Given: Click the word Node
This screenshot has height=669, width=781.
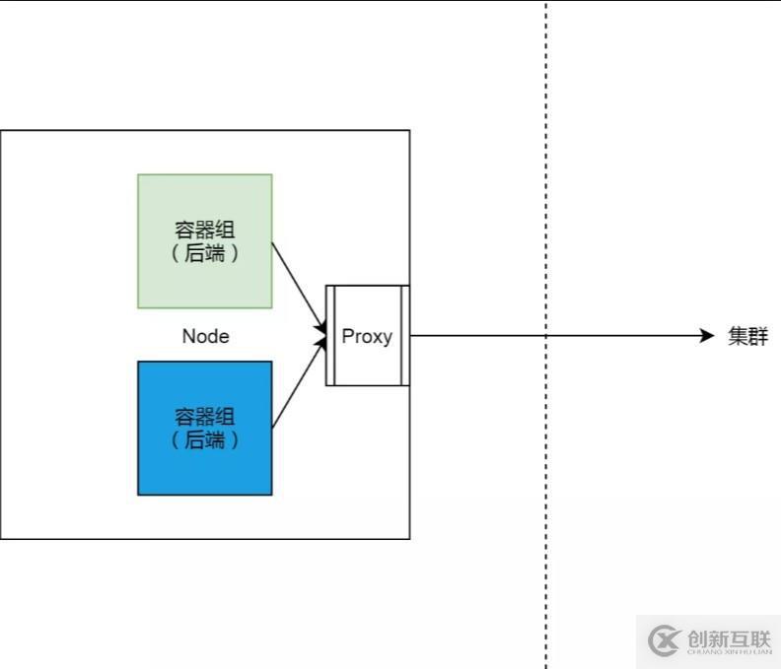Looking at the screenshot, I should click(x=205, y=337).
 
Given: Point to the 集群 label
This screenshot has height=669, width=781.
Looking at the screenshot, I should click(x=747, y=336).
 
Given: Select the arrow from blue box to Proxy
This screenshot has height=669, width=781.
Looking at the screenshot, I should click(x=298, y=385).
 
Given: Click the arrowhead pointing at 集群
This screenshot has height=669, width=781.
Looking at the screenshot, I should click(x=706, y=336).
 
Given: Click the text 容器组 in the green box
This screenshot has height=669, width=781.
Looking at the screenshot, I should click(x=205, y=231).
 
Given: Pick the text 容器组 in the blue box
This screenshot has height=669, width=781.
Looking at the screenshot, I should click(x=205, y=417).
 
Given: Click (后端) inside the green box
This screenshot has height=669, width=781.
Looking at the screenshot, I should click(x=205, y=254).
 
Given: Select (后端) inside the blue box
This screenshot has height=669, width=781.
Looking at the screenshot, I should click(x=205, y=440).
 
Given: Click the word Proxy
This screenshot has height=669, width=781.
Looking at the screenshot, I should click(x=367, y=336).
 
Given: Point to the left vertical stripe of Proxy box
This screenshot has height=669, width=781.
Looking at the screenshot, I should click(x=331, y=335).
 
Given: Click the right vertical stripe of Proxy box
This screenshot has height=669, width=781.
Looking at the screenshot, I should click(x=404, y=335).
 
